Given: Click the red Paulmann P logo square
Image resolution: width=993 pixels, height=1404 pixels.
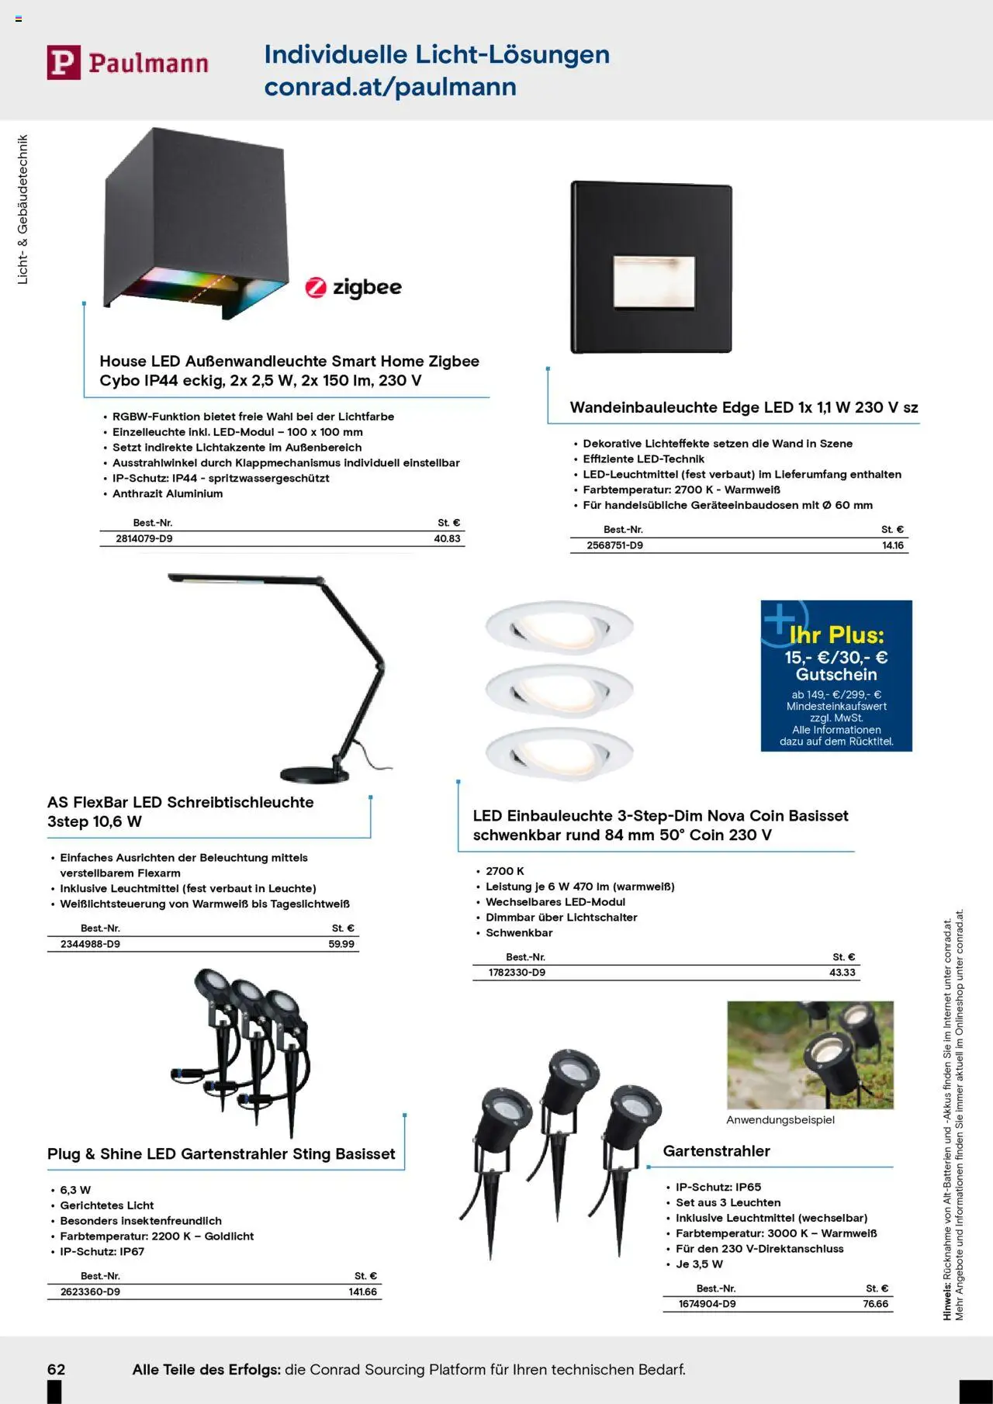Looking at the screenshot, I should coord(64,62).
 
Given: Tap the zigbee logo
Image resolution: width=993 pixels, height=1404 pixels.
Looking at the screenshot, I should coord(354,288).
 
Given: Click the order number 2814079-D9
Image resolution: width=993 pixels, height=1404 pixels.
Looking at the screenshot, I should coord(144,538).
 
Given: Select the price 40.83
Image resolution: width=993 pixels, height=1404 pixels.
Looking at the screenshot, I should coord(447,538).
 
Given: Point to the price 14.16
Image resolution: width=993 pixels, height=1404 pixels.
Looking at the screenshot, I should coord(893,545).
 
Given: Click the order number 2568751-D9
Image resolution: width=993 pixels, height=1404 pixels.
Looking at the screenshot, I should coord(614,545).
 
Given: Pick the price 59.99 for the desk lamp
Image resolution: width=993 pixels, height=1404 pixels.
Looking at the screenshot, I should coord(341,944).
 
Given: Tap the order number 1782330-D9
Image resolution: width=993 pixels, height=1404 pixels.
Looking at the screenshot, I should coord(517,973).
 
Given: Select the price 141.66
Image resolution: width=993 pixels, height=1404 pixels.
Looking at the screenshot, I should coord(362,1292).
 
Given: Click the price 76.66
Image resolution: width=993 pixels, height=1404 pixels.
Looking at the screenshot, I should coord(875,1304).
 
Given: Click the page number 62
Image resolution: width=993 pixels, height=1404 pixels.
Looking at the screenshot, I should coord(56,1369).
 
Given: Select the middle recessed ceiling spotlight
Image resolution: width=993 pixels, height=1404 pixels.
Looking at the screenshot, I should coord(559,688).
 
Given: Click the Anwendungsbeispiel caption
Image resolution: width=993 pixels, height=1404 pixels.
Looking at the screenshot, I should coord(780,1120).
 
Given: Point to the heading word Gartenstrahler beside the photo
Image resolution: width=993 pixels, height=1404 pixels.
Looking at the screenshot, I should coord(716,1151).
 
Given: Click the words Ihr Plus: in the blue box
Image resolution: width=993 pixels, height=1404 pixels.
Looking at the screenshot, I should coord(836,635).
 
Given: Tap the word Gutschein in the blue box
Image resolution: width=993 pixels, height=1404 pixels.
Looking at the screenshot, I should coord(836,675).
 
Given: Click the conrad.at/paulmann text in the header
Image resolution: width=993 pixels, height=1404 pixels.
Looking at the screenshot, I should coord(390,87).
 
